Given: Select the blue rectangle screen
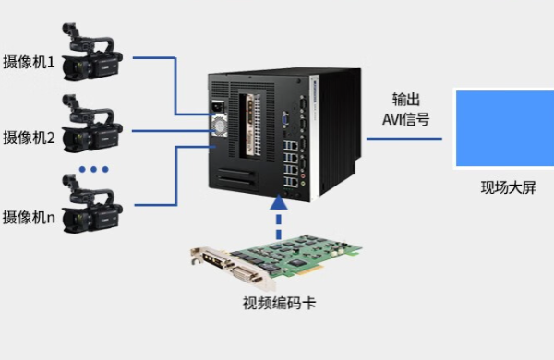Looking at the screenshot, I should pyautogui.click(x=502, y=127).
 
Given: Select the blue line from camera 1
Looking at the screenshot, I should pyautogui.click(x=175, y=83).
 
